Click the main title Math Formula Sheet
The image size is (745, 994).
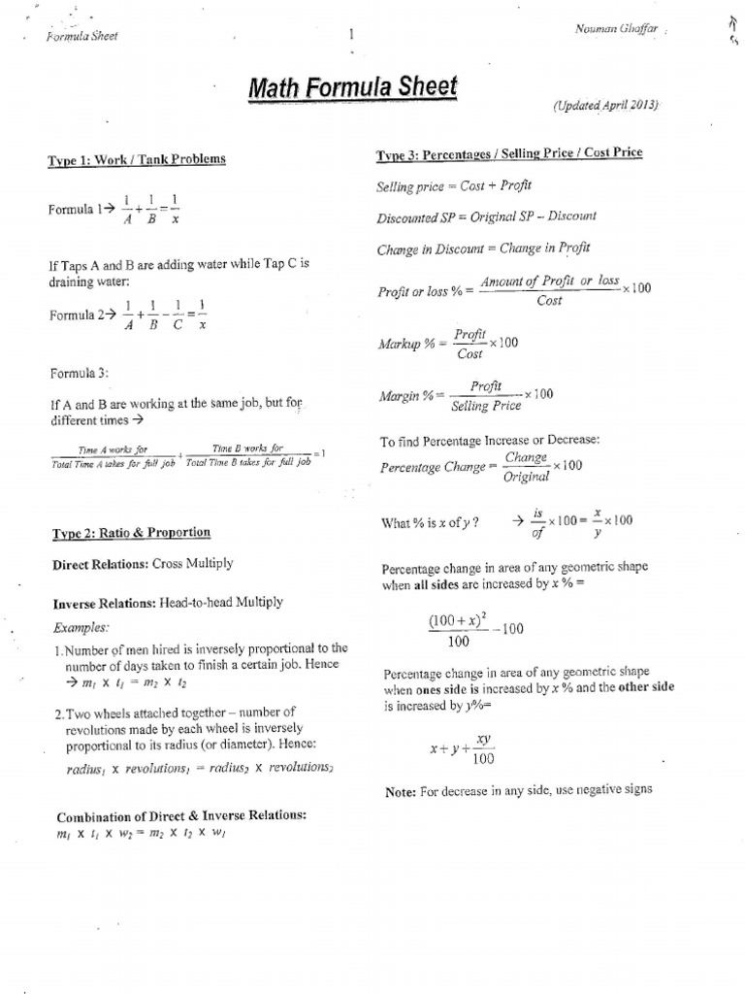[351, 90]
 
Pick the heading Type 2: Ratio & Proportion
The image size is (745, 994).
[129, 532]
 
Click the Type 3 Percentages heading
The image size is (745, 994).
[508, 154]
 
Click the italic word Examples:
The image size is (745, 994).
[81, 626]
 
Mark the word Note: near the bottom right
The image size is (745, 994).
[400, 792]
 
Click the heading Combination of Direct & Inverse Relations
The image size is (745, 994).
[181, 815]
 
